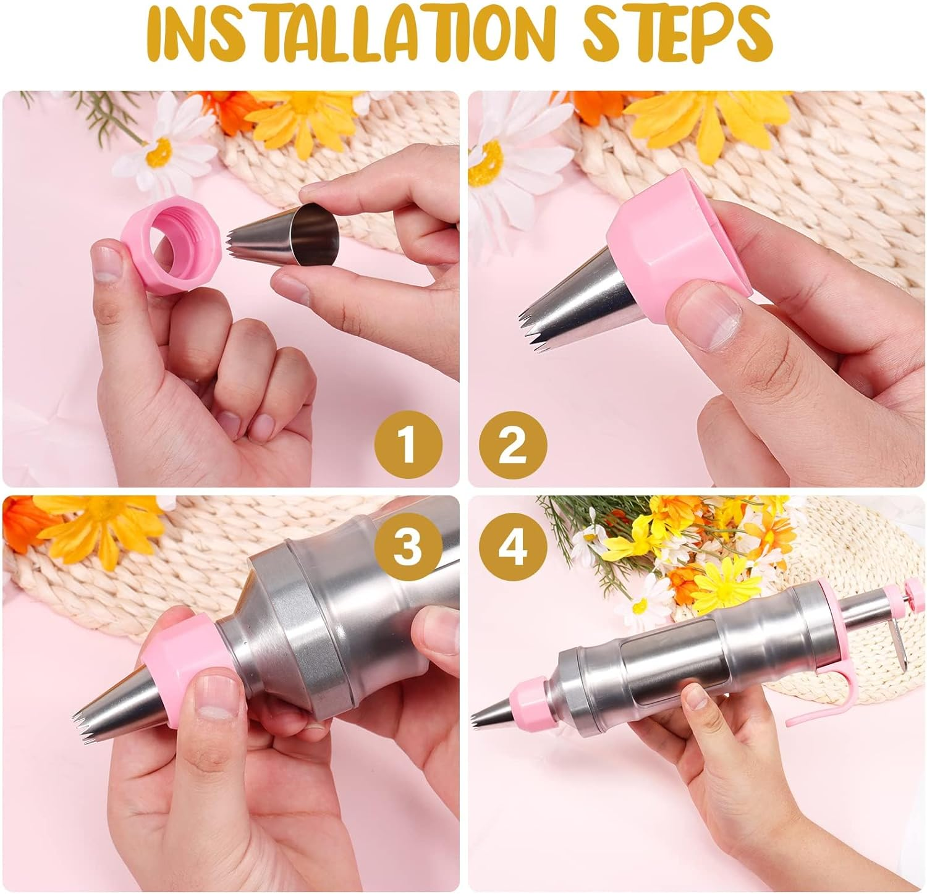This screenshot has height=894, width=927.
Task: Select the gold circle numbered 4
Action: point(512,546)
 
